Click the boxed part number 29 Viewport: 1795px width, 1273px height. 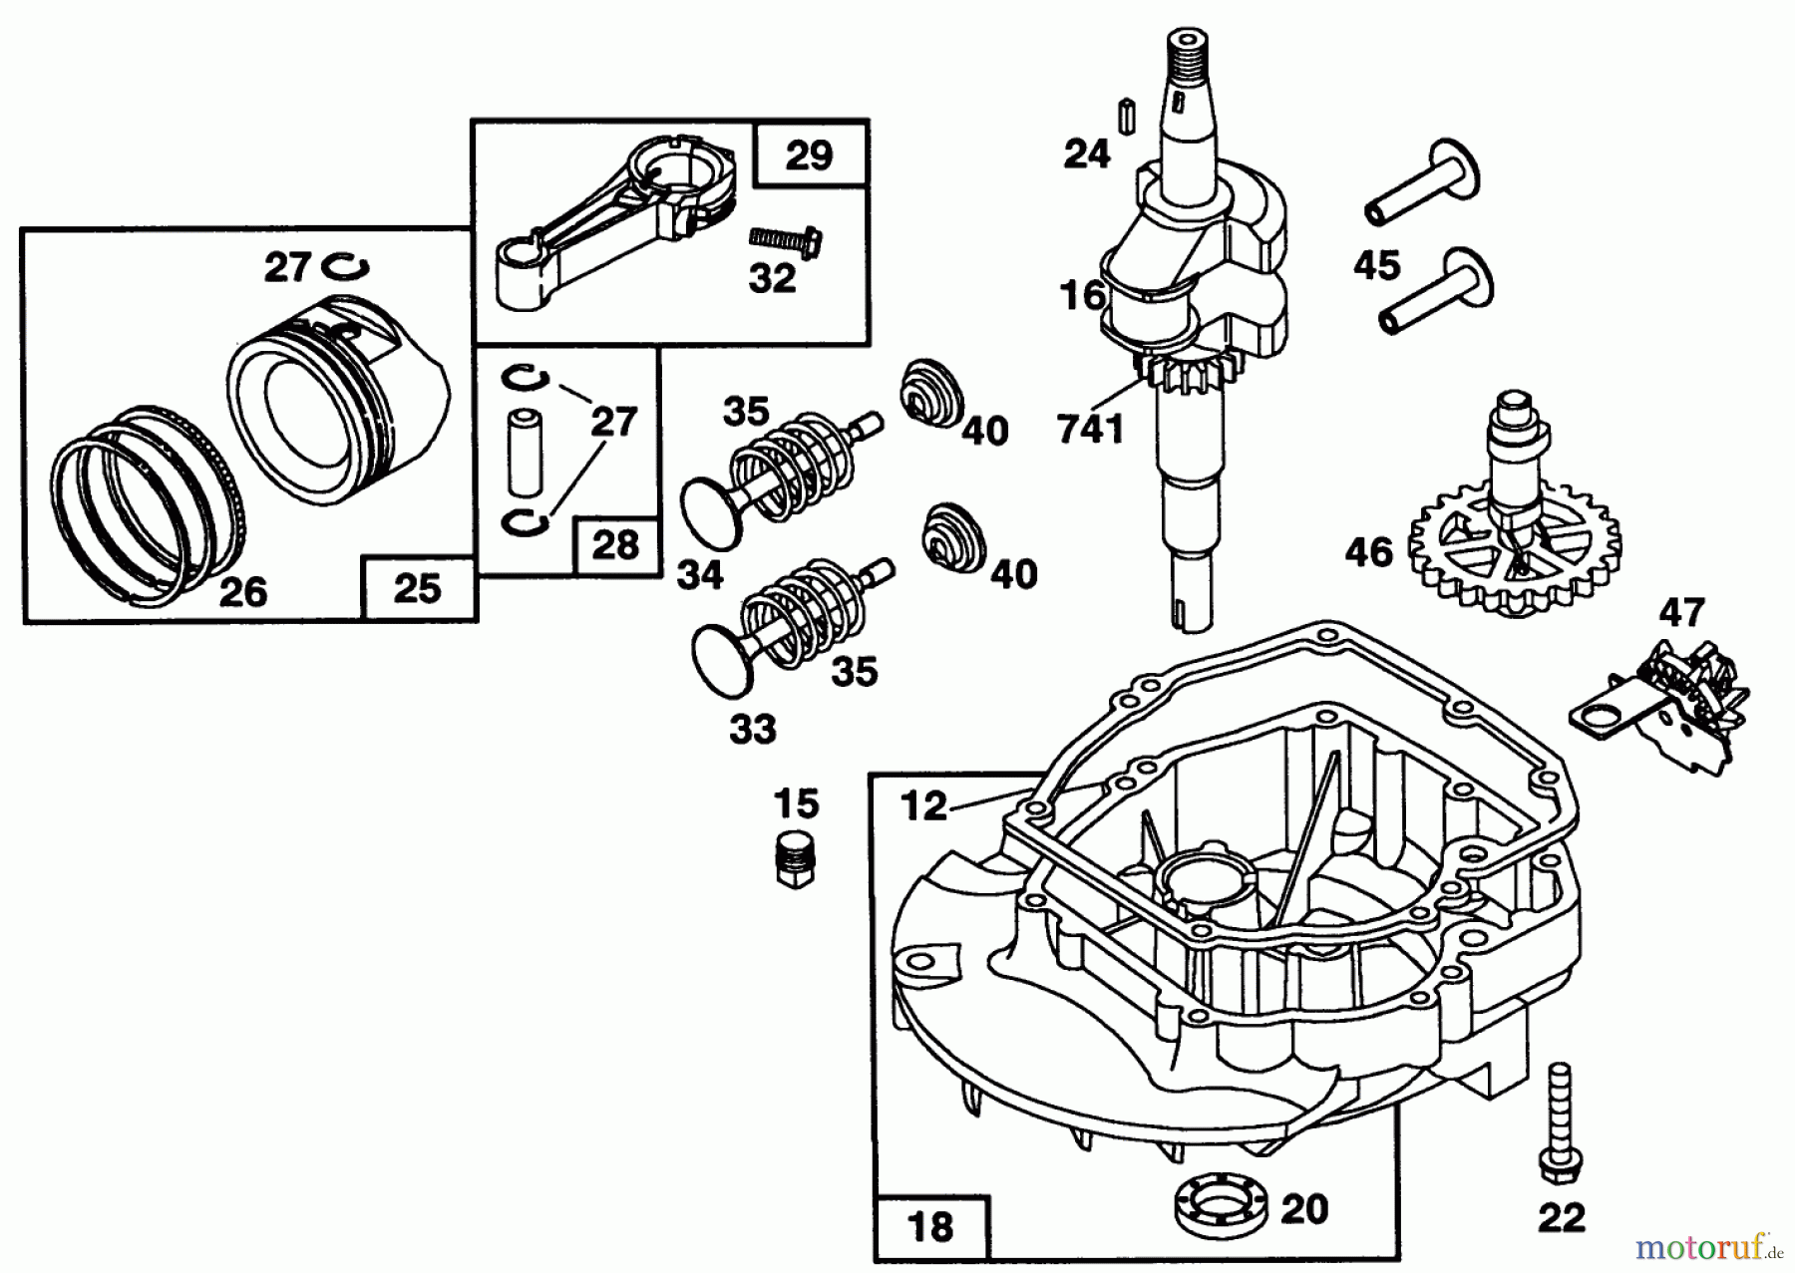[x=809, y=156]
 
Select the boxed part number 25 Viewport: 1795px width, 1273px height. [x=417, y=588]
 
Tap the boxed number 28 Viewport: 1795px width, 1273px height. [x=615, y=545]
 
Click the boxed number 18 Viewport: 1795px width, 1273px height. [x=930, y=1225]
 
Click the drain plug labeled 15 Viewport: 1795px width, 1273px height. [x=794, y=856]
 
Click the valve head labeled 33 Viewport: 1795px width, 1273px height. [x=723, y=661]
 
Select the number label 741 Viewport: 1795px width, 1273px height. [x=1091, y=429]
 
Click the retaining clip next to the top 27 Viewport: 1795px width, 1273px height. [x=346, y=267]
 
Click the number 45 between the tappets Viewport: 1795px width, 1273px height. [x=1376, y=266]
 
